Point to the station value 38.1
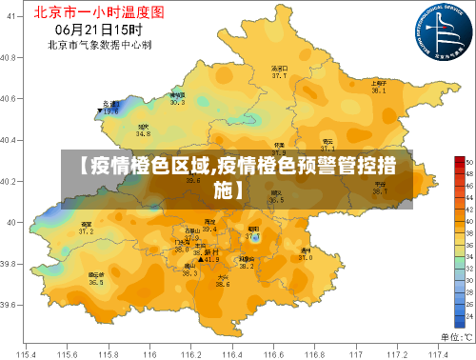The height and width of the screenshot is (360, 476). pyautogui.click(x=378, y=90)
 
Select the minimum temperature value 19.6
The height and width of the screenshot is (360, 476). pyautogui.click(x=111, y=111)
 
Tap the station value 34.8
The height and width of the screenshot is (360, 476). pyautogui.click(x=143, y=134)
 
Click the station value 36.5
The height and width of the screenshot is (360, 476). pyautogui.click(x=96, y=283)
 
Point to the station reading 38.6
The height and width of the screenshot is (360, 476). pyautogui.click(x=222, y=284)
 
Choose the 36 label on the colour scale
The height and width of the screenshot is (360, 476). pyautogui.click(x=467, y=244)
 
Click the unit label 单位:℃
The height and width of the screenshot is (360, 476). pyautogui.click(x=454, y=336)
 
